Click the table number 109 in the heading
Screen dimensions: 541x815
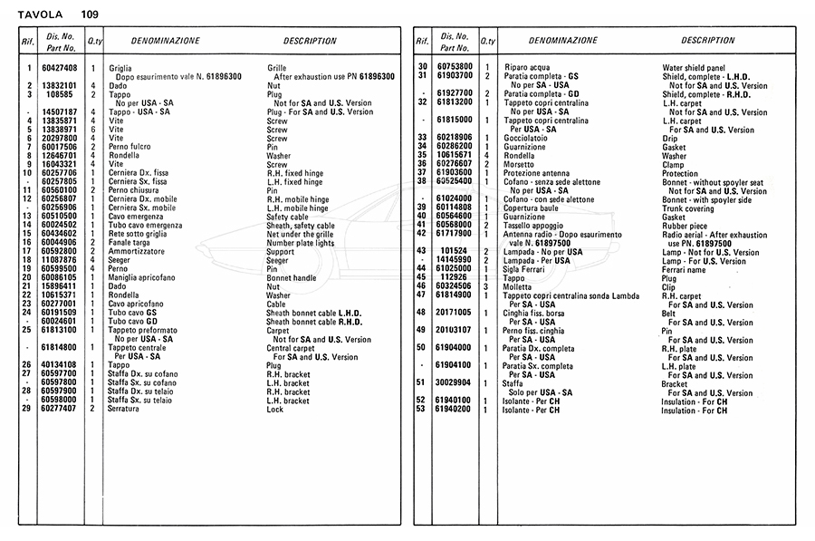89,14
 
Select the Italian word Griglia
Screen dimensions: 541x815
120,69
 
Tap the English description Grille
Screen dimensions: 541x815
278,69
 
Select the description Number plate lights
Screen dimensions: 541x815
301,243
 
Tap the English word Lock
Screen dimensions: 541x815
275,409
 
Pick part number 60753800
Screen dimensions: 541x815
455,68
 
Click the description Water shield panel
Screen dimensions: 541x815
694,68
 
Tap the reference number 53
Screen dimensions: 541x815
421,410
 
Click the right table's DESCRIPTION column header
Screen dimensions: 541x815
707,41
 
